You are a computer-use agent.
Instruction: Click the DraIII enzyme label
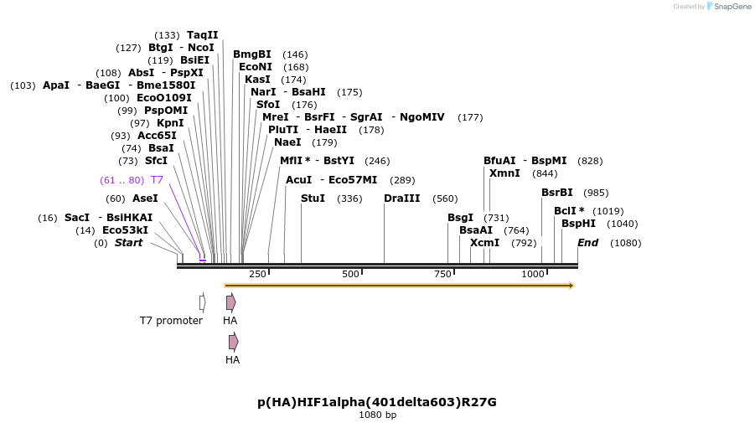coord(401,199)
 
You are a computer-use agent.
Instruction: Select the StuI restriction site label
coord(313,199)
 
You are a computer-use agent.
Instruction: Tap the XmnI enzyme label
coord(504,173)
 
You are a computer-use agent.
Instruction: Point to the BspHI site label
coord(578,224)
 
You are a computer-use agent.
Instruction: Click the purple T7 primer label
coord(157,180)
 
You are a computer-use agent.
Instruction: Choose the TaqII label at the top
coord(202,35)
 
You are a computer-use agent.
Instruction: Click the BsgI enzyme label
coord(460,218)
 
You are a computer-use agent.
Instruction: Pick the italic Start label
coord(128,243)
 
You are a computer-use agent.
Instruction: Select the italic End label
coord(587,243)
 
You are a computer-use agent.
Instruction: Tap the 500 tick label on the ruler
coord(350,274)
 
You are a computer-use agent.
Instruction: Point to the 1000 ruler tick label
coord(533,274)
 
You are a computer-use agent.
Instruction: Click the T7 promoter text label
coord(171,321)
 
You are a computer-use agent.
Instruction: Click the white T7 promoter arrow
coord(203,302)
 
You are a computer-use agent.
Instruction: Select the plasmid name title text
coord(377,402)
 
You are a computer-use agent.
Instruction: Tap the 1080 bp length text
coord(377,415)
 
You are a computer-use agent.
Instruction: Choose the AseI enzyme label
coord(144,199)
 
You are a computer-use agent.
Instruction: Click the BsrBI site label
coord(557,193)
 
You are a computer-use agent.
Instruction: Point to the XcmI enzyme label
coord(484,243)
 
